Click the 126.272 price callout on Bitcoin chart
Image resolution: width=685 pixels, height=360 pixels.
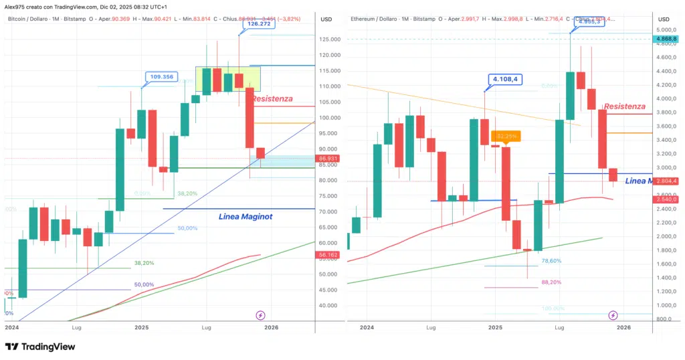[x=254, y=24]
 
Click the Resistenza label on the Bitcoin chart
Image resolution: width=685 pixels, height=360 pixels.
[x=272, y=98]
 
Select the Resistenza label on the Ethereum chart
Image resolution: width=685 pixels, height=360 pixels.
[x=624, y=106]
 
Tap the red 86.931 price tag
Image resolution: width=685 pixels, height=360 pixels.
[x=328, y=159]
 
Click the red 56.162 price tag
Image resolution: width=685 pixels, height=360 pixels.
[x=328, y=255]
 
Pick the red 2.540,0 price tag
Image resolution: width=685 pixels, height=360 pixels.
[x=669, y=199]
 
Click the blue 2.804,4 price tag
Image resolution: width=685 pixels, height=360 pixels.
[x=669, y=181]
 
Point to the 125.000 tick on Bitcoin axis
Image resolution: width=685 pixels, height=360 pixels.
[x=328, y=39]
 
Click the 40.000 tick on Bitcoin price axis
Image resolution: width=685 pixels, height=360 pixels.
[x=328, y=306]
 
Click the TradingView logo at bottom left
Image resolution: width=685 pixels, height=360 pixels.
[x=40, y=347]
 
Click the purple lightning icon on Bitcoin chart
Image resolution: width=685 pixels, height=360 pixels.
[x=261, y=314]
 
